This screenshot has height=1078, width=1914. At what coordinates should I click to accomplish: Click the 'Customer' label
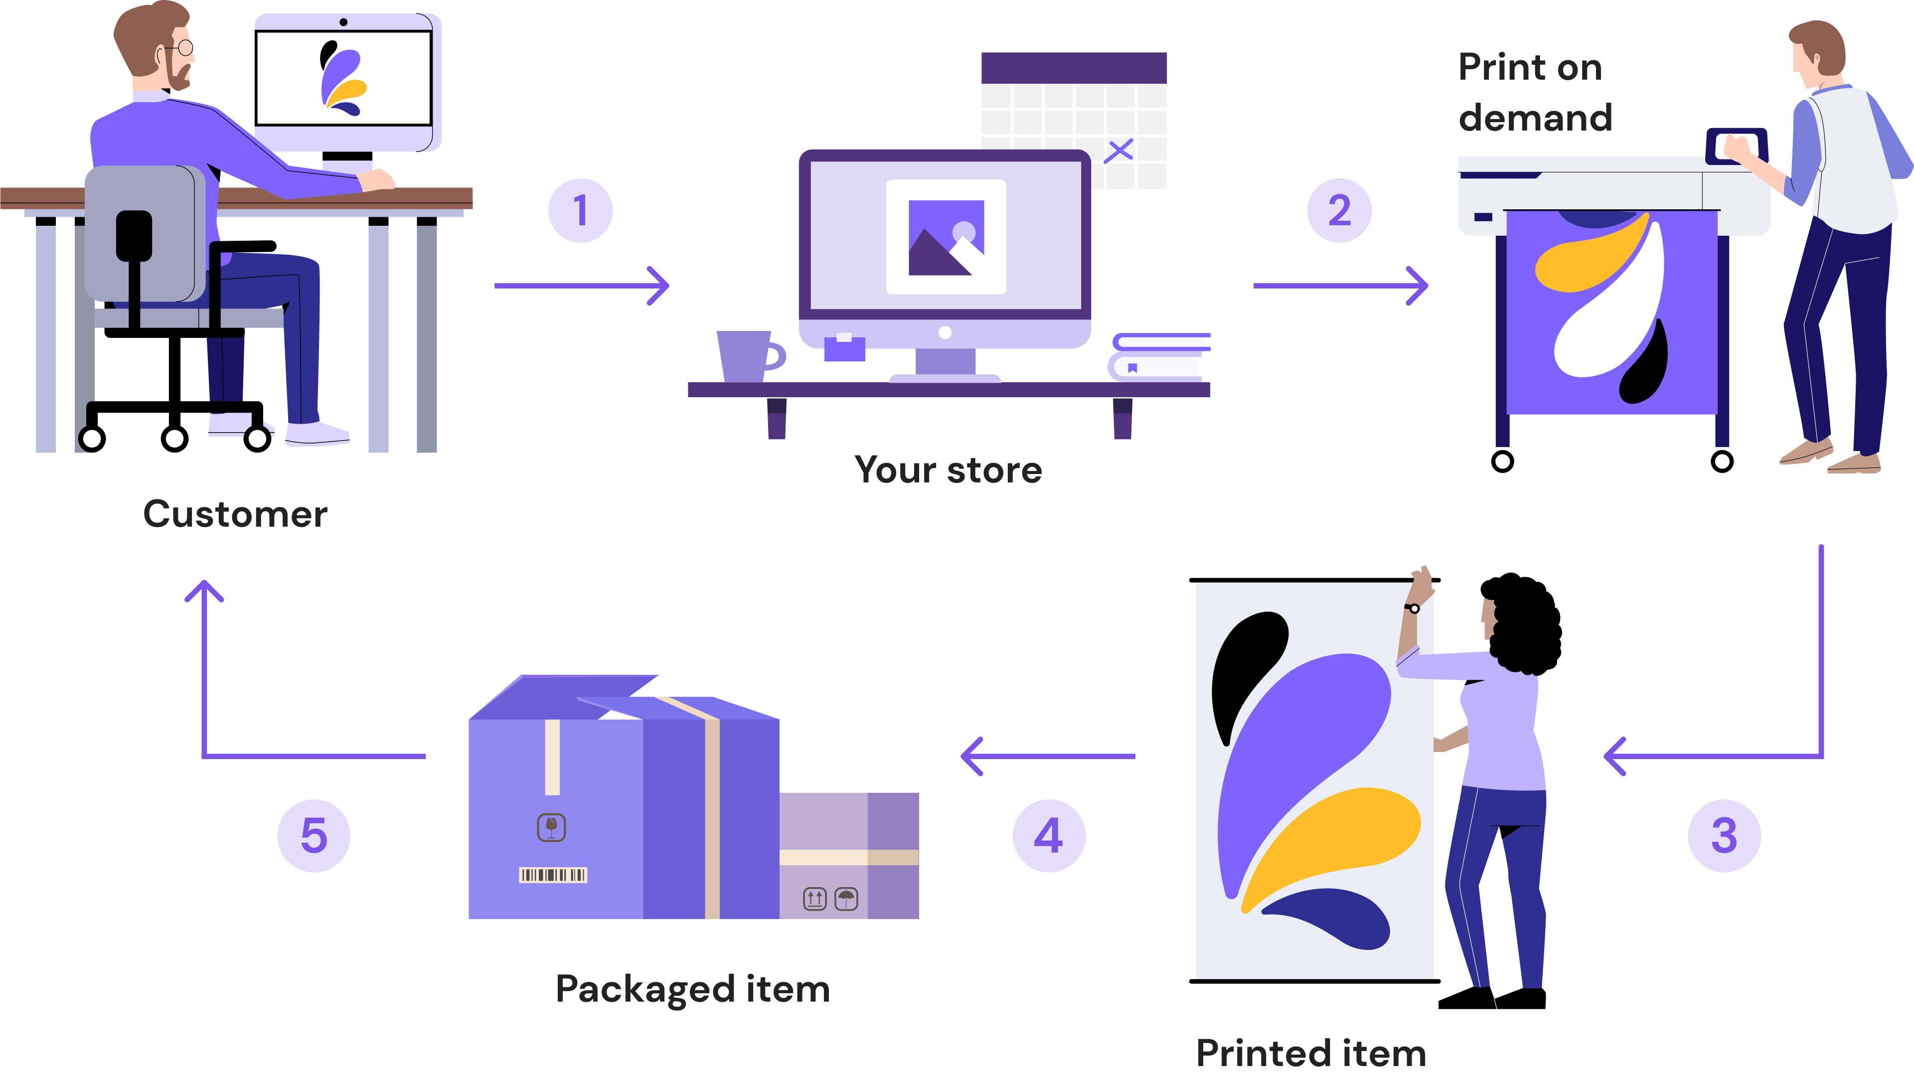235,514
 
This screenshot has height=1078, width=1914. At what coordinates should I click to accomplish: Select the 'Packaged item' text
692,989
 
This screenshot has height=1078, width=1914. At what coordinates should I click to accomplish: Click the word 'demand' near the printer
1535,118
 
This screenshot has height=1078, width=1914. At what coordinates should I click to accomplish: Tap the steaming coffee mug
745,355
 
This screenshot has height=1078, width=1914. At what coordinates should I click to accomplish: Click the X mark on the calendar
1118,151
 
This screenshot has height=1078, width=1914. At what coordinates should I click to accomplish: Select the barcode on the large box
553,875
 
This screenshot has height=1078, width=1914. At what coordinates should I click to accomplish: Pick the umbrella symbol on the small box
846,899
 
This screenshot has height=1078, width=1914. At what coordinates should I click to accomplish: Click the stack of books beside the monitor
1157,357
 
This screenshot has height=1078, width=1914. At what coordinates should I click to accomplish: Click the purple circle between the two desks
580,210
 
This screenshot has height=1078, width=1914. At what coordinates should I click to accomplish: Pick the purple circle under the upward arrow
314,836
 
